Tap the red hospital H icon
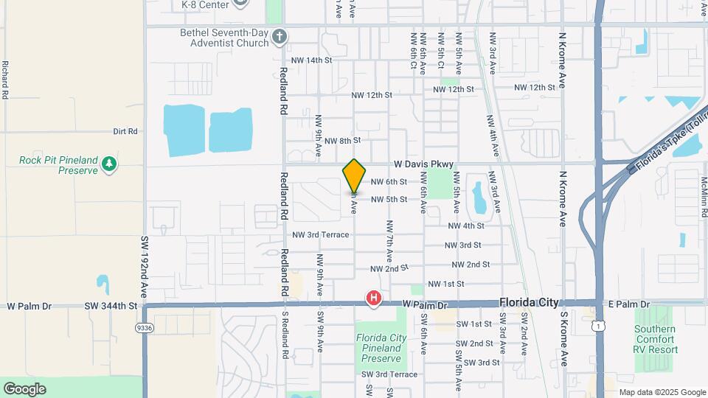click(375, 298)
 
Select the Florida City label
click(529, 302)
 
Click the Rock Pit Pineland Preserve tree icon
click(110, 162)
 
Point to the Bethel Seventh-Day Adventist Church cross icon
click(279, 36)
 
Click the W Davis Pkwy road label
click(427, 164)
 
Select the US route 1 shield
click(603, 324)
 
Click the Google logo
click(24, 389)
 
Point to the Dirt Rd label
click(125, 131)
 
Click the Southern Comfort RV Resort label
click(656, 339)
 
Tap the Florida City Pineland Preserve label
click(381, 348)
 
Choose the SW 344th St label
click(111, 305)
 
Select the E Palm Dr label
click(629, 304)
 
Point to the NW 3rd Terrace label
click(321, 235)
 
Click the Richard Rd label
click(5, 80)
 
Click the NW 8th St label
click(342, 140)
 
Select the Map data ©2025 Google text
click(662, 392)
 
